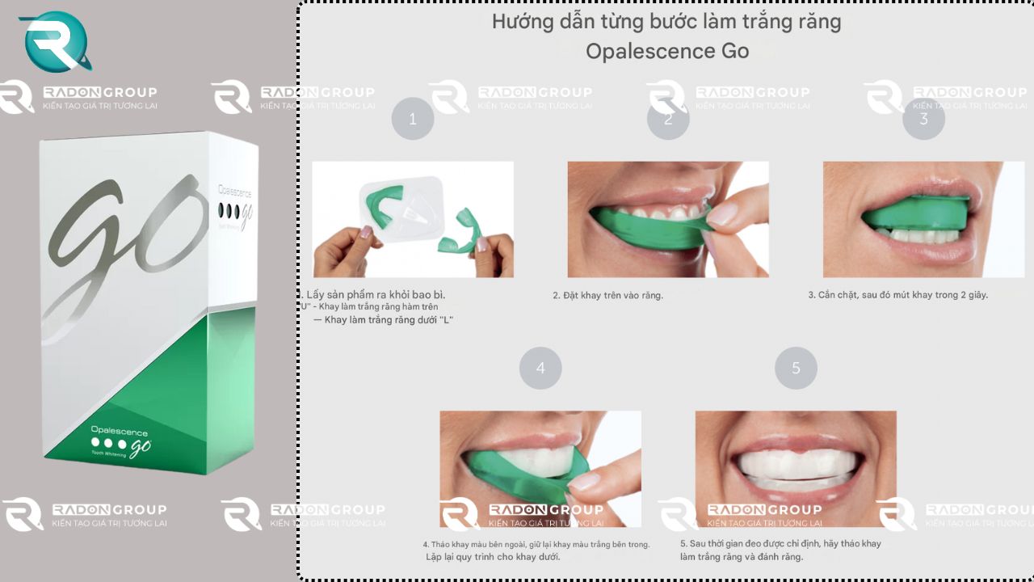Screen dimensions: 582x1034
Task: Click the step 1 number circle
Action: click(413, 119)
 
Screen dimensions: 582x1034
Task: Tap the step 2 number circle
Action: click(668, 119)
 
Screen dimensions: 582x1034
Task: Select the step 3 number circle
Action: click(923, 119)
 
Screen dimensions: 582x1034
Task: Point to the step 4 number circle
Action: click(540, 368)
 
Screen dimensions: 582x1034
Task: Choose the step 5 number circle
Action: click(796, 368)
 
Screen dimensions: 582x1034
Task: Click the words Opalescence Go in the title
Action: click(667, 51)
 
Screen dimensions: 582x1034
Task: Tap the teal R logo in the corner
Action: click(55, 42)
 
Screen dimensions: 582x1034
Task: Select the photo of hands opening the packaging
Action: click(413, 219)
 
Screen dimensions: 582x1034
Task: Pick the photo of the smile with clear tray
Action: click(796, 468)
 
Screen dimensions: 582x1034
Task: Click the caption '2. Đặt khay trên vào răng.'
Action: click(607, 296)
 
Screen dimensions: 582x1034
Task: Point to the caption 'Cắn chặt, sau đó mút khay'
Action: click(897, 295)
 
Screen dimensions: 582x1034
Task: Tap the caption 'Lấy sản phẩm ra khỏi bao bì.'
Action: click(375, 294)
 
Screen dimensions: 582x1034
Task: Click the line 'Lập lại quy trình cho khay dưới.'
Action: click(493, 557)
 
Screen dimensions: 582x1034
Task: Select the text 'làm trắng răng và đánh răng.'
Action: click(742, 557)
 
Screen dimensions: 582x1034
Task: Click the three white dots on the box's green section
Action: click(109, 443)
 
